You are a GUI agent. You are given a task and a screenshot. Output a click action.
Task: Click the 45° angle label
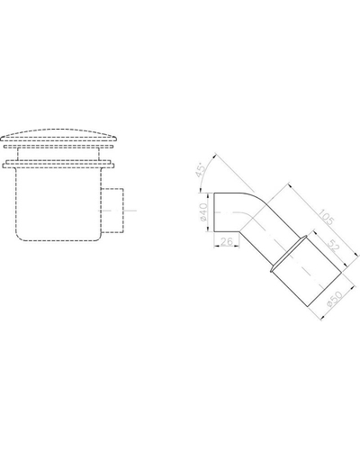click(201, 170)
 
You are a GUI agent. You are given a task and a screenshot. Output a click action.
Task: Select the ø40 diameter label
click(203, 212)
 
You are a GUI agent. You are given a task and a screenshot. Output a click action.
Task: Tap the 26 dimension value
click(227, 241)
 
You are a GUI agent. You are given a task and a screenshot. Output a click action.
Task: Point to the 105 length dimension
click(326, 217)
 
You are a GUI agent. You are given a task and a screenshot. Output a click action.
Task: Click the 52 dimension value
click(333, 246)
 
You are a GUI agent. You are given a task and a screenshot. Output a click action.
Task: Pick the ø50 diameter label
click(334, 299)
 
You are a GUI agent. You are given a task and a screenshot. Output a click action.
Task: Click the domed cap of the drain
click(58, 135)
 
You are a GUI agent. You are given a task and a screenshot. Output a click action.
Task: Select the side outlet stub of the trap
click(112, 211)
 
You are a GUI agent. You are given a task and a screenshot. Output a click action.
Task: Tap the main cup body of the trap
click(58, 204)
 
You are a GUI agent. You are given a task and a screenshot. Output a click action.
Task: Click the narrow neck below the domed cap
click(58, 154)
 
